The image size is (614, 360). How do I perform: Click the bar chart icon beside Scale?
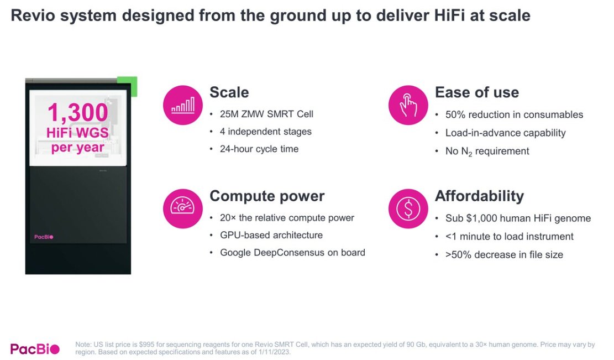pyautogui.click(x=183, y=105)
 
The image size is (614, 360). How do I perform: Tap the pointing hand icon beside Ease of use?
pyautogui.click(x=408, y=105)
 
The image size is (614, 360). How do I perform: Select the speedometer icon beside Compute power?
pyautogui.click(x=183, y=208)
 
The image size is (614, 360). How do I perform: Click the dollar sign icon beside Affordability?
pyautogui.click(x=408, y=208)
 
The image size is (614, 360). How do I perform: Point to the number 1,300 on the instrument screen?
pyautogui.click(x=77, y=113)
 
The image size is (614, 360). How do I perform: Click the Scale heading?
pyautogui.click(x=229, y=92)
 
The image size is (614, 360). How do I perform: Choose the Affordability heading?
pyautogui.click(x=479, y=196)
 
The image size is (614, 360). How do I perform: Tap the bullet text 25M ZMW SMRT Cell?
pyautogui.click(x=266, y=114)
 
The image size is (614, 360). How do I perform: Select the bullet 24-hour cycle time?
pyautogui.click(x=259, y=149)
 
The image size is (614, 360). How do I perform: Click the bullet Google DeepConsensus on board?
pyautogui.click(x=292, y=253)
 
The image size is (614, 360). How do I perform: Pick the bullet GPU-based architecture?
pyautogui.click(x=271, y=235)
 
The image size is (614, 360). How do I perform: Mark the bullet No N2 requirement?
pyautogui.click(x=487, y=151)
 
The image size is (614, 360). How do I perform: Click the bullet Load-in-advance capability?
pyautogui.click(x=505, y=133)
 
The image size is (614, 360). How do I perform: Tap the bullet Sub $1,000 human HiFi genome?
pyautogui.click(x=518, y=218)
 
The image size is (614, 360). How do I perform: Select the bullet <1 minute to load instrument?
pyautogui.click(x=509, y=237)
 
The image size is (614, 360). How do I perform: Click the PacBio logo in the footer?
pyautogui.click(x=35, y=348)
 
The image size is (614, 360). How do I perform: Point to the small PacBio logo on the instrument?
pyautogui.click(x=44, y=237)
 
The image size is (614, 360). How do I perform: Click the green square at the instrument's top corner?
pyautogui.click(x=128, y=86)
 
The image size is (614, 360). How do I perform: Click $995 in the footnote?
pyautogui.click(x=147, y=345)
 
